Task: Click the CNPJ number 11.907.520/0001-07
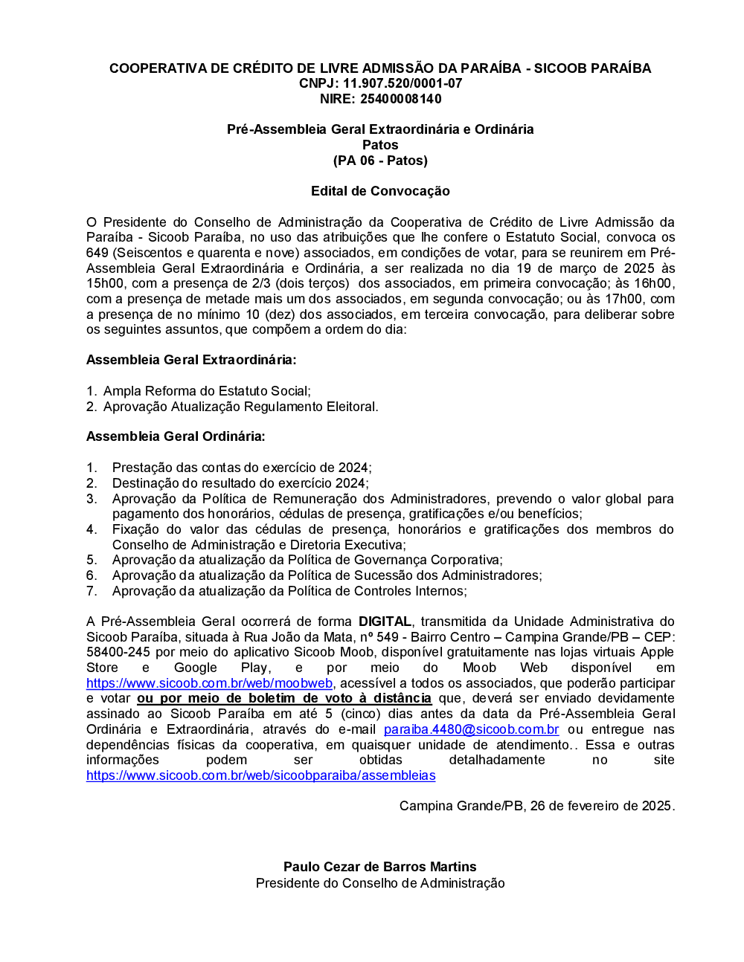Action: coord(402,83)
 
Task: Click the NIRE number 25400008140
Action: coord(401,99)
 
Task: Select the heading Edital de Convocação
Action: coord(380,191)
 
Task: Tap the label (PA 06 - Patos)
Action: coord(380,161)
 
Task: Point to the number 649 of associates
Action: coord(97,253)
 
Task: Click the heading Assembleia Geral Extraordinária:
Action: coord(191,360)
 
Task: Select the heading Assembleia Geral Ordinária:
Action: coord(176,436)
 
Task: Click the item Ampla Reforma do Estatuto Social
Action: coord(207,391)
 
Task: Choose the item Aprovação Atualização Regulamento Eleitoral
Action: coord(240,407)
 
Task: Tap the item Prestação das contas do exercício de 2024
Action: coord(242,468)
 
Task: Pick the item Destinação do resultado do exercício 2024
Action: coord(240,483)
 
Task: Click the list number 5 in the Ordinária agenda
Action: coord(92,560)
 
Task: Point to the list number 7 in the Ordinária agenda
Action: coord(92,591)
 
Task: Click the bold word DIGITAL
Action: coord(385,622)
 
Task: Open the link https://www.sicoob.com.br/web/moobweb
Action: coord(209,683)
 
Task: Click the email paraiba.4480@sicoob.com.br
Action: coord(471,729)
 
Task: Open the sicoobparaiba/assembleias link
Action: coord(260,775)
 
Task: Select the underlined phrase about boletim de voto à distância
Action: coord(284,698)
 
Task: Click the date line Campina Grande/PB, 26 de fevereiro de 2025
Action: coord(536,806)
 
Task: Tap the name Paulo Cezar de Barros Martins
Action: coord(379,867)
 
